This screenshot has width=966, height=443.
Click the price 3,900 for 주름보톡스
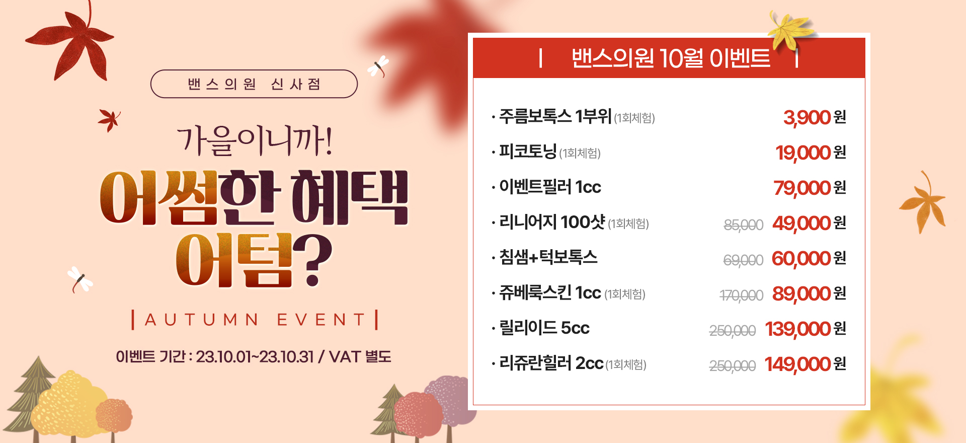[x=807, y=118]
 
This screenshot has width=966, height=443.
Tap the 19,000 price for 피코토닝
[x=803, y=153]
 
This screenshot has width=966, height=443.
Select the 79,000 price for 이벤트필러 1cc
[x=802, y=188]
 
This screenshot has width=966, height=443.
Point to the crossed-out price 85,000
[x=744, y=225]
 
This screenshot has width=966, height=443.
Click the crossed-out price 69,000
[x=743, y=260]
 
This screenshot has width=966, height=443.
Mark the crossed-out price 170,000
[x=742, y=296]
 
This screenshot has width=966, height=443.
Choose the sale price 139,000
[x=798, y=329]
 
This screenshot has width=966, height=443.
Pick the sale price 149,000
[x=797, y=364]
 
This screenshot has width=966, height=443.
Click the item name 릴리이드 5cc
[x=544, y=328]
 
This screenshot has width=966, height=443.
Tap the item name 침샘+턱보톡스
[x=548, y=257]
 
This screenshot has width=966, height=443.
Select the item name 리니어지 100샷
[x=552, y=222]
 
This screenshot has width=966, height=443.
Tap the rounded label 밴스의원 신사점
[x=254, y=84]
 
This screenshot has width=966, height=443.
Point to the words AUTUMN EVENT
[x=255, y=320]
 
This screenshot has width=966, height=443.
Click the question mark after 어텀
[x=312, y=260]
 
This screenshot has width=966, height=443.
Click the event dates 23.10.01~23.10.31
[x=255, y=357]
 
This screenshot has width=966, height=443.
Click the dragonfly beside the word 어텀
[x=80, y=279]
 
